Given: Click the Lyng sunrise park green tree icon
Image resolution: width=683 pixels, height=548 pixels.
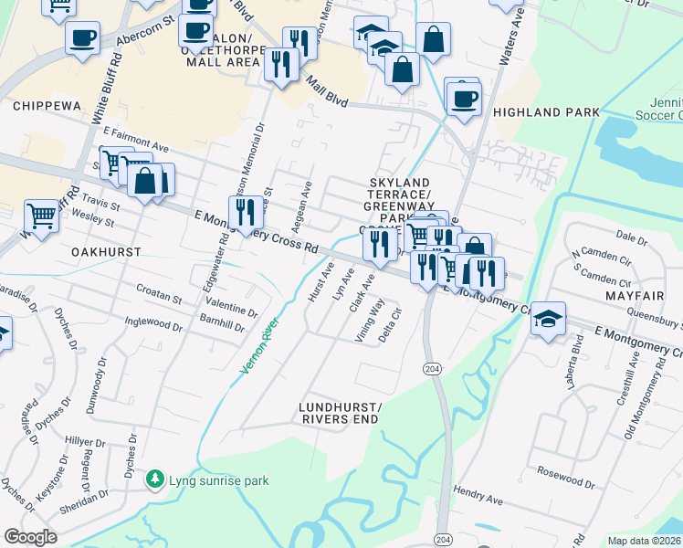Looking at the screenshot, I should (156, 479).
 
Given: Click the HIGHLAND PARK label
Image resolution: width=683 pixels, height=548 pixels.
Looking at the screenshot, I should (546, 112).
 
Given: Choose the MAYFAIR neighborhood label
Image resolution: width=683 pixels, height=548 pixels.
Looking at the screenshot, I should (629, 297).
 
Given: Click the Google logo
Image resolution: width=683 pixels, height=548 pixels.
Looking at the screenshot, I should (30, 536).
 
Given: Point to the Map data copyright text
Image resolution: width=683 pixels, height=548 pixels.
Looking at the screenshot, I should (644, 541).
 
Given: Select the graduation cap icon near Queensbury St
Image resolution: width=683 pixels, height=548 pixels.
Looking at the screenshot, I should (547, 319).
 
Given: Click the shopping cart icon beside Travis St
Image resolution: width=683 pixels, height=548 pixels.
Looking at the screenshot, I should (42, 216).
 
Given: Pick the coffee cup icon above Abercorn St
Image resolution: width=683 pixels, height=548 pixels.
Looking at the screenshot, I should (82, 37).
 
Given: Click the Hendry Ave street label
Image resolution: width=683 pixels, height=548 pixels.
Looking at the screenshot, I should (479, 501).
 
